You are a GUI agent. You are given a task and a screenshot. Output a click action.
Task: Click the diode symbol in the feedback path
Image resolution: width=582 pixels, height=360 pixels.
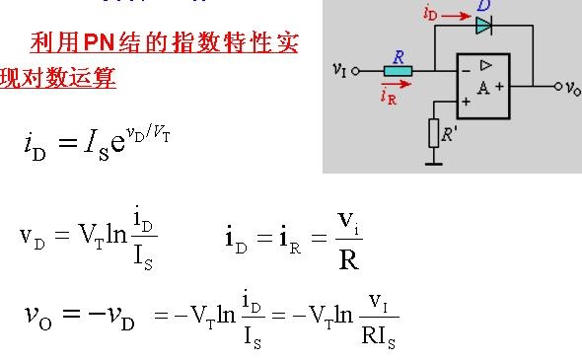click(484, 26)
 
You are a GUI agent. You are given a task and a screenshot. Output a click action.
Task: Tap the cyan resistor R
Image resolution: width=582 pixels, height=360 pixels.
click(398, 71)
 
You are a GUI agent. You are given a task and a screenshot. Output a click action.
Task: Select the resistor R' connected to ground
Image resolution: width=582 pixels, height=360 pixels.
click(433, 133)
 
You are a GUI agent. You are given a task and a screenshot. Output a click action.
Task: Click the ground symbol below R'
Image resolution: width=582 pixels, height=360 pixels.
click(433, 163)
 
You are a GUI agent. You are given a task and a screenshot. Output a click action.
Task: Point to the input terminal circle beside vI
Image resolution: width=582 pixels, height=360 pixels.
click(355, 71)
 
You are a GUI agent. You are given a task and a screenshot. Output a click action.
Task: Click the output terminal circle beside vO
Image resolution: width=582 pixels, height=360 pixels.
click(558, 87)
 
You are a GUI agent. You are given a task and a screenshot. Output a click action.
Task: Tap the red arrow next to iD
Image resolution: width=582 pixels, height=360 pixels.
click(456, 16)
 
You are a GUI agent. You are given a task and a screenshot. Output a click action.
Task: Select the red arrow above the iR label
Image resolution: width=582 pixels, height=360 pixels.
click(396, 84)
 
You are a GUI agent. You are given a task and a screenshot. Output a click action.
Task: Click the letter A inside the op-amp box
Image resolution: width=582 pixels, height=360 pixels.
click(483, 89)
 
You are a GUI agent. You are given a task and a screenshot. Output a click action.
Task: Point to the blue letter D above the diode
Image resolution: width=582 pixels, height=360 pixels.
click(484, 6)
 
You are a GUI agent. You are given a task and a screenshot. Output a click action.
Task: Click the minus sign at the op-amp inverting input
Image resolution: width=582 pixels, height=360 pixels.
click(467, 70)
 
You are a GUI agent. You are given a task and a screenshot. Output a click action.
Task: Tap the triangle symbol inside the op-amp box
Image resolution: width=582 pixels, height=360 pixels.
click(486, 65)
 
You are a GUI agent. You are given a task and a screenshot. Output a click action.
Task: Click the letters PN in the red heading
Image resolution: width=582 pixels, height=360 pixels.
click(99, 42)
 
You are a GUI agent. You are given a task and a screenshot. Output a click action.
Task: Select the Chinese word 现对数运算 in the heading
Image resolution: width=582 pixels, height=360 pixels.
click(58, 78)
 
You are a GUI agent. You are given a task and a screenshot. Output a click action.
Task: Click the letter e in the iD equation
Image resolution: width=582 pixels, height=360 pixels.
click(117, 143)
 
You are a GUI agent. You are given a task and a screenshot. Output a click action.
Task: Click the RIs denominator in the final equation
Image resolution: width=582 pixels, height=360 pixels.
click(378, 337)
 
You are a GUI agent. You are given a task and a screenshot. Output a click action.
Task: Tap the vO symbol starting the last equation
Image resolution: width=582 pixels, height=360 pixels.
click(38, 316)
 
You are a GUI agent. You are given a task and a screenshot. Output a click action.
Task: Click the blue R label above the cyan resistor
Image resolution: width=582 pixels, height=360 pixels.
click(399, 57)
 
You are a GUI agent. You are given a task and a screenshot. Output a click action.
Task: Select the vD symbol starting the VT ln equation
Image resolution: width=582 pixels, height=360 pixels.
click(33, 238)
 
